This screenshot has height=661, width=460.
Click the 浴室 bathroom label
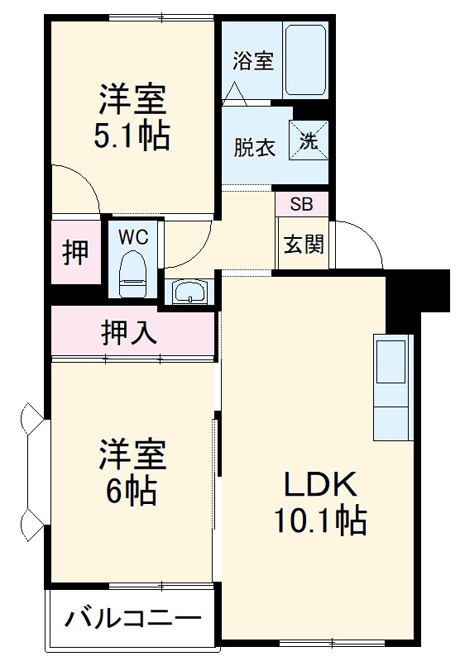253,61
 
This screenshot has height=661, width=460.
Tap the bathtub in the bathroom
307,60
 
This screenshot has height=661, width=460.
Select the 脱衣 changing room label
253,149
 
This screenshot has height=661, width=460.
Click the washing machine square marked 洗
309,140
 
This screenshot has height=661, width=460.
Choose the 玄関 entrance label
304,245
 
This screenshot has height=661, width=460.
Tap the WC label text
132,237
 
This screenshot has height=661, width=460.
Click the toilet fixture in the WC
132,275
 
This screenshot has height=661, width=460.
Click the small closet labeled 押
77,252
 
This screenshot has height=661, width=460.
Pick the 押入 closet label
130,332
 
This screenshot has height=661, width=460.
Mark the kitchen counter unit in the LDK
392,388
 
